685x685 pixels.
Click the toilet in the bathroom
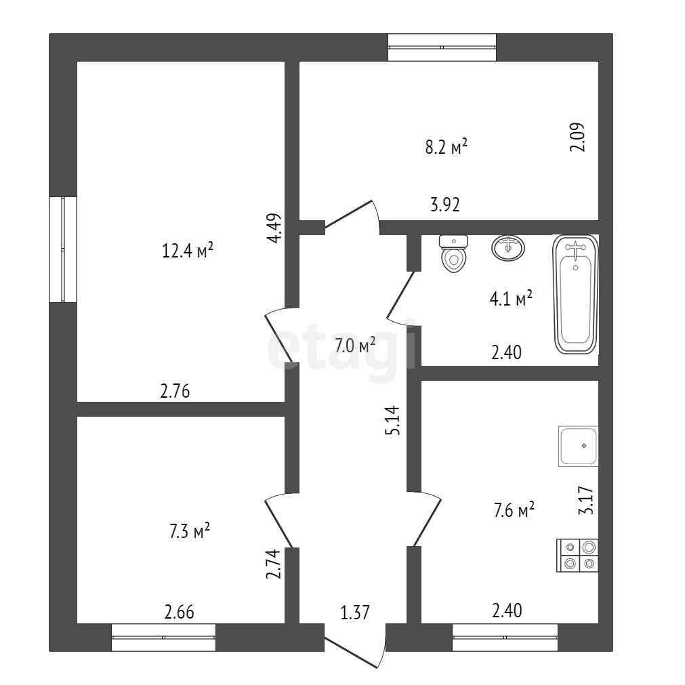coord(454,253)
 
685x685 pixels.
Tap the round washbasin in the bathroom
coord(507,247)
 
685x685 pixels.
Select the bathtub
coord(576,294)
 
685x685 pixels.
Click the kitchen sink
coord(578,446)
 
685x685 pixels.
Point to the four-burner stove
coord(577,555)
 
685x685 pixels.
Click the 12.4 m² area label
coord(188,251)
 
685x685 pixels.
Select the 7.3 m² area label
coord(189,531)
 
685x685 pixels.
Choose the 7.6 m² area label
coord(514,510)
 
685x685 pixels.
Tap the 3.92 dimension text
coord(445,205)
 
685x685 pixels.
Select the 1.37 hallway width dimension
coord(354,613)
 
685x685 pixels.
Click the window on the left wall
coord(63,249)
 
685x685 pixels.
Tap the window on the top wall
coord(442,47)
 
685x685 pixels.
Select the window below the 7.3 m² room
coord(163,638)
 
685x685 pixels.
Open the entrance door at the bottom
coord(354,647)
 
